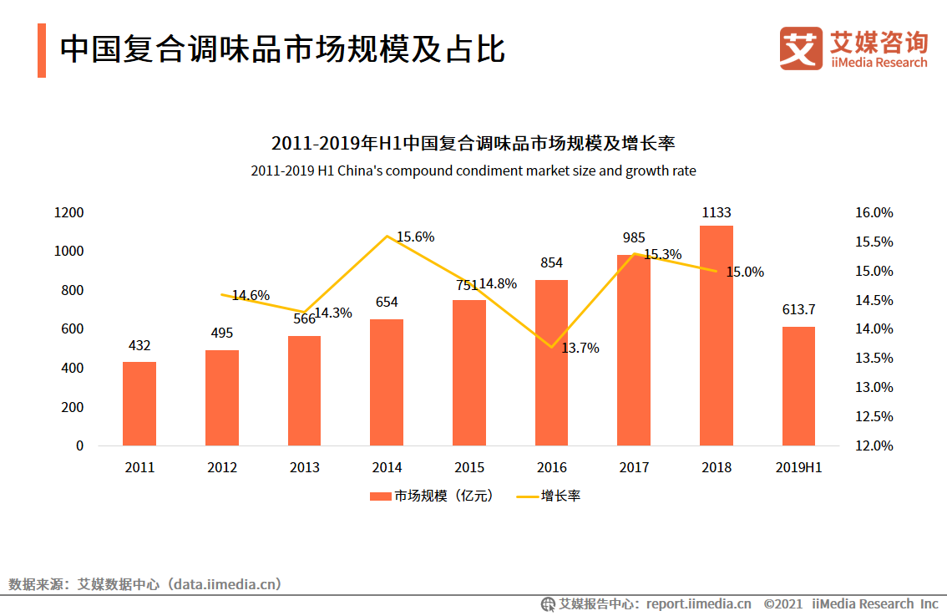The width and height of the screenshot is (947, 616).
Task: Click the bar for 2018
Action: tap(716, 335)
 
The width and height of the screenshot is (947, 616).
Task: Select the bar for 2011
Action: tap(139, 403)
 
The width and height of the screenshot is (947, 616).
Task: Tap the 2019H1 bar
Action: tap(798, 385)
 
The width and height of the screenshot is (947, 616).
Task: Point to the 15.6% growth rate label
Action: tap(415, 237)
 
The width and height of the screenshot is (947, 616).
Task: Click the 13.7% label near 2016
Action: tap(580, 348)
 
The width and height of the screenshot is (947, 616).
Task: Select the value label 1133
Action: tap(716, 212)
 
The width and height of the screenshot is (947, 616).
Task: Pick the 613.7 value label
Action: tap(798, 309)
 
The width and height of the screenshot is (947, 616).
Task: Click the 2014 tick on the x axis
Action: tap(387, 467)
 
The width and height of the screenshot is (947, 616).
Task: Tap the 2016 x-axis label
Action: tap(551, 467)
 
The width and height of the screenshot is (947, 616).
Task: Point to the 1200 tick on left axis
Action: tap(69, 212)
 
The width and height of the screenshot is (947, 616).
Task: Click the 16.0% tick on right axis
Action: tap(874, 212)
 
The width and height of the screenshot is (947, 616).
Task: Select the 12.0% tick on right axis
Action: tap(874, 445)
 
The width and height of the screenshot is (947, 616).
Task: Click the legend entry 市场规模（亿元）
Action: tap(432, 496)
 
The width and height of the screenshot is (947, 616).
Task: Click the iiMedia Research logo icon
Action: tap(801, 49)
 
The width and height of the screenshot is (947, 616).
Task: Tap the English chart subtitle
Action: tap(473, 171)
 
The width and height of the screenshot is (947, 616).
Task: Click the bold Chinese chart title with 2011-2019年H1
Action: tap(473, 143)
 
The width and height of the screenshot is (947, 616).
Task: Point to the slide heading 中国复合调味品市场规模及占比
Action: tap(283, 49)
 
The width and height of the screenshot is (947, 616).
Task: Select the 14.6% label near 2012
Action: tap(251, 295)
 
